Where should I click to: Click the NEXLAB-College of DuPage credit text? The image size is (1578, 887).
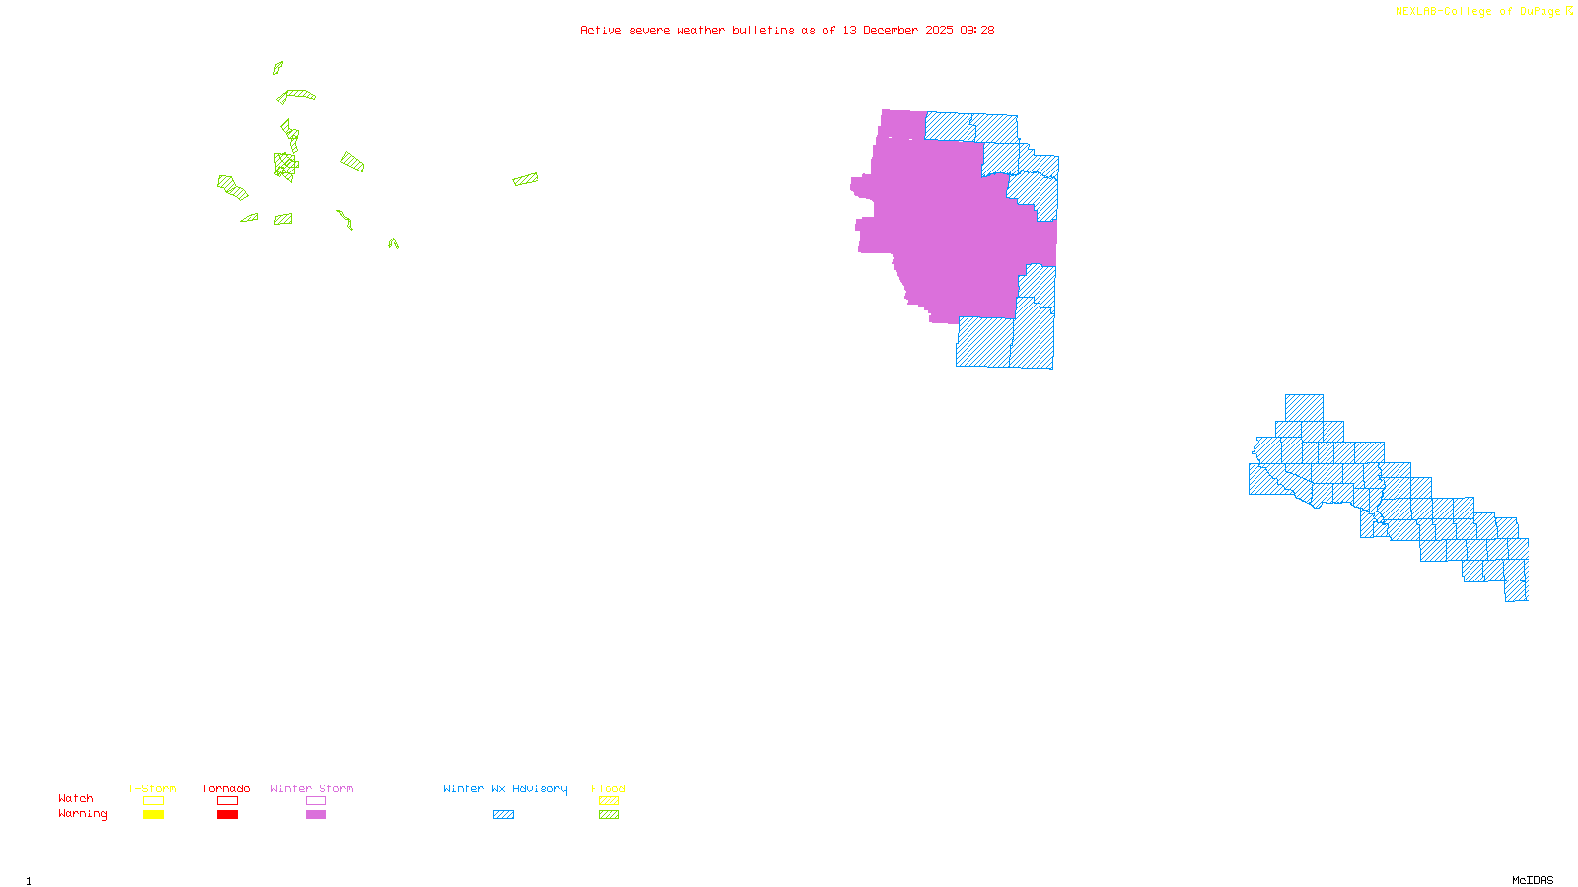point(1479,12)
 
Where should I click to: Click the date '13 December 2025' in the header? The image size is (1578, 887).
point(897,30)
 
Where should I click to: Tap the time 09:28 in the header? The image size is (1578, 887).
point(977,30)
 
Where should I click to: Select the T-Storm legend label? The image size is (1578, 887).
point(152,788)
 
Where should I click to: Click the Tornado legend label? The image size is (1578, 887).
point(226,788)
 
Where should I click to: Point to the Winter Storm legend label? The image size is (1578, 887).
point(312,788)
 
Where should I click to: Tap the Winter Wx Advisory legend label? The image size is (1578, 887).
point(505,788)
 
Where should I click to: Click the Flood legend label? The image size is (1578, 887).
point(609,788)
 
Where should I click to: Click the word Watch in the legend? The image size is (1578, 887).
point(76,798)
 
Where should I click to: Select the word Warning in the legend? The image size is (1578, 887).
point(82,814)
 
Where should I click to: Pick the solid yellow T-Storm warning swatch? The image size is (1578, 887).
point(153,815)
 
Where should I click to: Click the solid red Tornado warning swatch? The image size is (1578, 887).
point(228,815)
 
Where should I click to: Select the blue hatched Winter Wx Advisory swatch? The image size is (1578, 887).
point(503,815)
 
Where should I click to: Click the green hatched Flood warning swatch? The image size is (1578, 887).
point(610,815)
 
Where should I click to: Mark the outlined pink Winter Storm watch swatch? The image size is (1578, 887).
point(316,801)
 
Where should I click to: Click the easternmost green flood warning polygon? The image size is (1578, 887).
point(526,179)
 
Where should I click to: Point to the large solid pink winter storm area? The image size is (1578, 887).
point(947,227)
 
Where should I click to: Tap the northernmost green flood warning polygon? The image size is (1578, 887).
point(278,68)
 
